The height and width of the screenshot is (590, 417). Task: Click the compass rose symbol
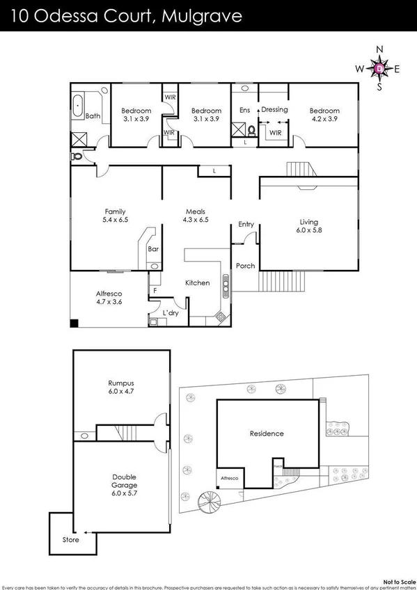click(x=379, y=68)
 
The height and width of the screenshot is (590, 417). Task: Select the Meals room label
click(x=196, y=212)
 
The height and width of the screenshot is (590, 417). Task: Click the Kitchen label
click(x=197, y=283)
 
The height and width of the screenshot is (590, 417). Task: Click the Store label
click(x=71, y=540)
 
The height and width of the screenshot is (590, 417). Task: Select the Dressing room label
click(x=274, y=110)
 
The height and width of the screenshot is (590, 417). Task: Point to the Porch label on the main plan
click(x=245, y=266)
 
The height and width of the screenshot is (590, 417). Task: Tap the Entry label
click(x=246, y=224)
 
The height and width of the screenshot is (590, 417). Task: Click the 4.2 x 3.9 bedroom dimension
click(x=324, y=119)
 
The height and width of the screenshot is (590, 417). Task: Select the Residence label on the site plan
click(x=267, y=433)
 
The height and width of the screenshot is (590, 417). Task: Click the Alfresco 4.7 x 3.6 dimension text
click(x=109, y=303)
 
